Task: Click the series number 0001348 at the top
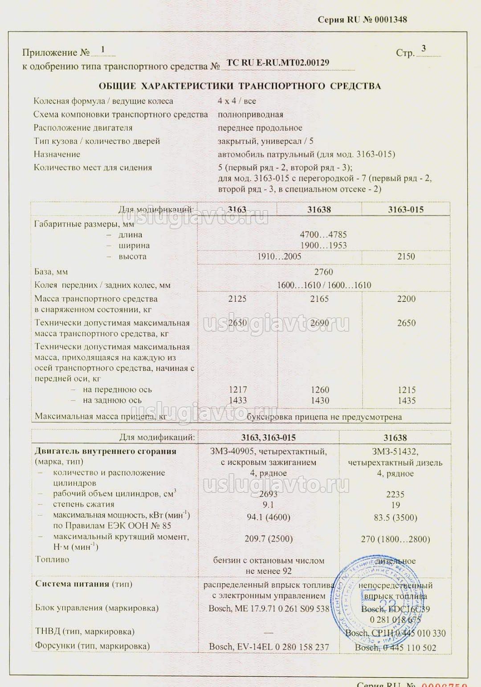coord(391,20)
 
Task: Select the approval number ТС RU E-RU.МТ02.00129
coord(278,63)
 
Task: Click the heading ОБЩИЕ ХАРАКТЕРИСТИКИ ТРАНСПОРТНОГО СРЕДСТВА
coord(240,86)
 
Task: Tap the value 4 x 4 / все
coord(236,101)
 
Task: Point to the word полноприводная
coord(250,114)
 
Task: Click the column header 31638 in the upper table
coord(319,209)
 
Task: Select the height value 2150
coord(406,256)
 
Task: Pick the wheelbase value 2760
coord(323,272)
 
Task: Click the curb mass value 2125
coord(237,299)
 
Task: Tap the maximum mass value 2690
coord(319,323)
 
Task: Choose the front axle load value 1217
coord(237,390)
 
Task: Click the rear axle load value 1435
coord(406,400)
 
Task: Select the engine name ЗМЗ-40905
coord(231,451)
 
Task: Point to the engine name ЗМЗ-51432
coord(395,451)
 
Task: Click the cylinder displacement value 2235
coord(395,494)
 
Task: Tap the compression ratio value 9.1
coord(268,505)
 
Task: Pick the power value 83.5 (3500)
coord(395,517)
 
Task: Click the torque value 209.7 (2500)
coord(269,539)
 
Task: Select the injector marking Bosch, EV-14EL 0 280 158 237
coord(269,646)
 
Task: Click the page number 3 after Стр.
coord(424,49)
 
